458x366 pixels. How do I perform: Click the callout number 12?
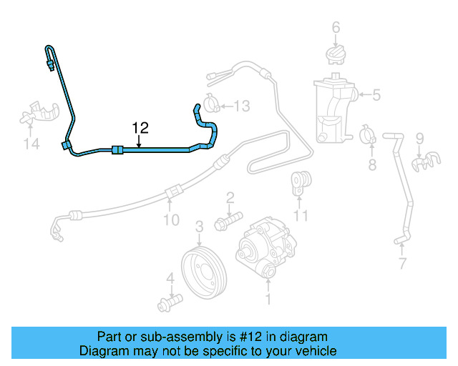(140, 128)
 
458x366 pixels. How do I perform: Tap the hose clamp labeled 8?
(369, 134)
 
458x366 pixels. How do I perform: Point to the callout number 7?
(402, 264)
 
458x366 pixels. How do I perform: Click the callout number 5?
(376, 94)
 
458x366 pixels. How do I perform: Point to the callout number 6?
(335, 28)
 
